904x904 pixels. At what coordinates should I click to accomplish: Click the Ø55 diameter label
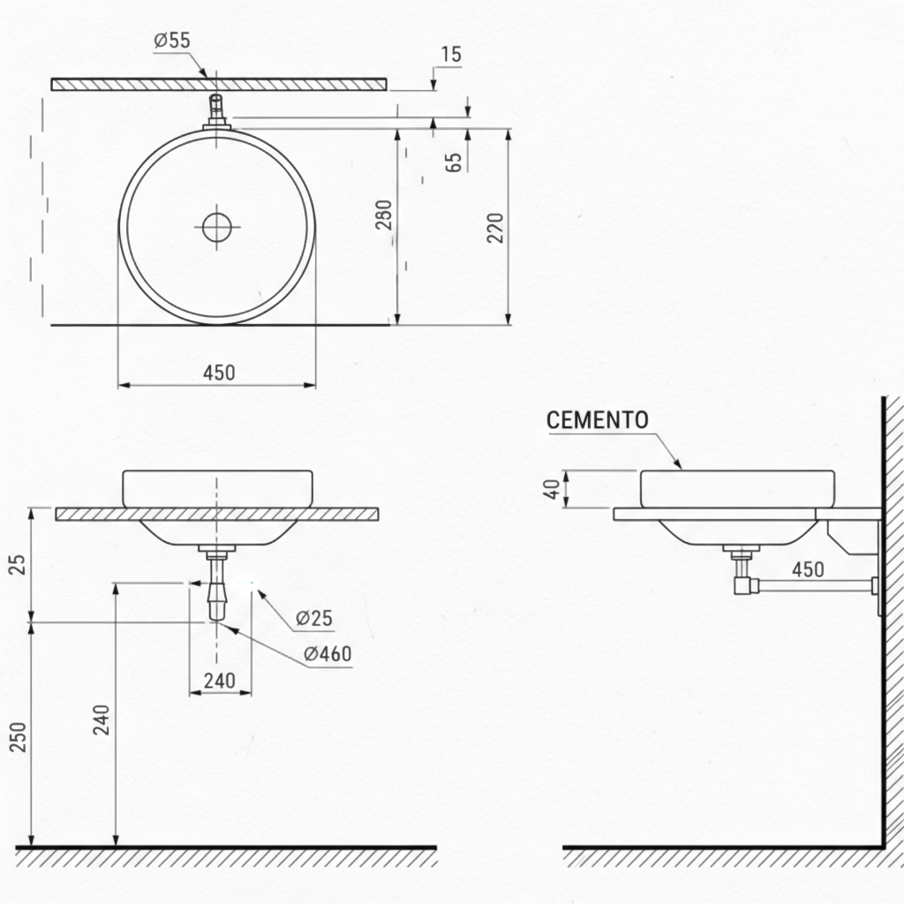(x=172, y=40)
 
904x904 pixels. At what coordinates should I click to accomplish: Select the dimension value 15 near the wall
(x=450, y=54)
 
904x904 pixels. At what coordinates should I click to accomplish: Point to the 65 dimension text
(x=454, y=162)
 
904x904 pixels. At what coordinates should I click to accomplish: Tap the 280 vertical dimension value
(x=384, y=215)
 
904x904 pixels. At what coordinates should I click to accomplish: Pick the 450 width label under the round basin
(x=219, y=373)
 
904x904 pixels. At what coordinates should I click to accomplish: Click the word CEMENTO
(x=597, y=420)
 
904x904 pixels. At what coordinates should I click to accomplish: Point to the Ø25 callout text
(x=314, y=618)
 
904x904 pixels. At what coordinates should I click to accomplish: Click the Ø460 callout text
(x=327, y=654)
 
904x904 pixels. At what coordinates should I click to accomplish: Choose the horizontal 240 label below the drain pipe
(x=219, y=681)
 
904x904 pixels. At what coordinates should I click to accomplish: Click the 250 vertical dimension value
(x=18, y=737)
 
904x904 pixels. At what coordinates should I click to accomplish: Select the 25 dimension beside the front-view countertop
(x=18, y=565)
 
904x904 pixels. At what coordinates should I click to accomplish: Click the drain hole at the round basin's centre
(x=216, y=227)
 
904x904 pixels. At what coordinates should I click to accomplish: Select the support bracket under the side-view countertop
(x=849, y=538)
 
